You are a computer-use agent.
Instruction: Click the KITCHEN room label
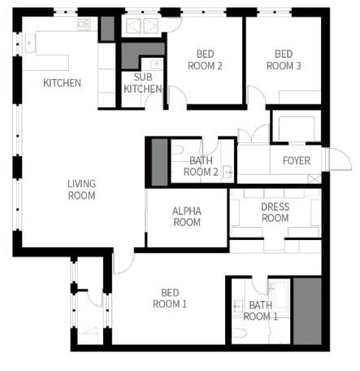tap(62, 83)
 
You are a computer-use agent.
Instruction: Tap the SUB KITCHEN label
tap(143, 83)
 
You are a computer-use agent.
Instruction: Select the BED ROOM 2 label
tap(205, 60)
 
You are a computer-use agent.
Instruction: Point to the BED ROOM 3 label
tap(284, 60)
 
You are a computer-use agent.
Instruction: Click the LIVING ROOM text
tap(81, 190)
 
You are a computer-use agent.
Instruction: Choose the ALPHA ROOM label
tap(187, 216)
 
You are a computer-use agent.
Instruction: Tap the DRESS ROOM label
tap(275, 212)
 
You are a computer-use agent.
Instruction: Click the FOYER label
tap(297, 160)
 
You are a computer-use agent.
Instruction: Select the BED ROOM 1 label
tap(170, 299)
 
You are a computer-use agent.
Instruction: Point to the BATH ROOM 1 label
tap(260, 311)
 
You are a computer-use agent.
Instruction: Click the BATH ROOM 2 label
tap(201, 166)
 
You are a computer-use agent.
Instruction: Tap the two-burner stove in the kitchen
tap(84, 24)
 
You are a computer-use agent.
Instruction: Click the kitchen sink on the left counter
tap(29, 43)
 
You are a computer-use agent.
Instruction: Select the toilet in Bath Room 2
tap(178, 150)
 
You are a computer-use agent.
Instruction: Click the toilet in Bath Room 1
tap(239, 333)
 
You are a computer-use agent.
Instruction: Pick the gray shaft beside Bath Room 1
tap(307, 311)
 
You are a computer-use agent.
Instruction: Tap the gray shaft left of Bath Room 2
tap(159, 162)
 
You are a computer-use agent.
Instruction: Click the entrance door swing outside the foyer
tap(340, 159)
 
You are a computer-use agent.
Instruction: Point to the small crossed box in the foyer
tap(314, 179)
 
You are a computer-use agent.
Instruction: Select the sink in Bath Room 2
tap(227, 172)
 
